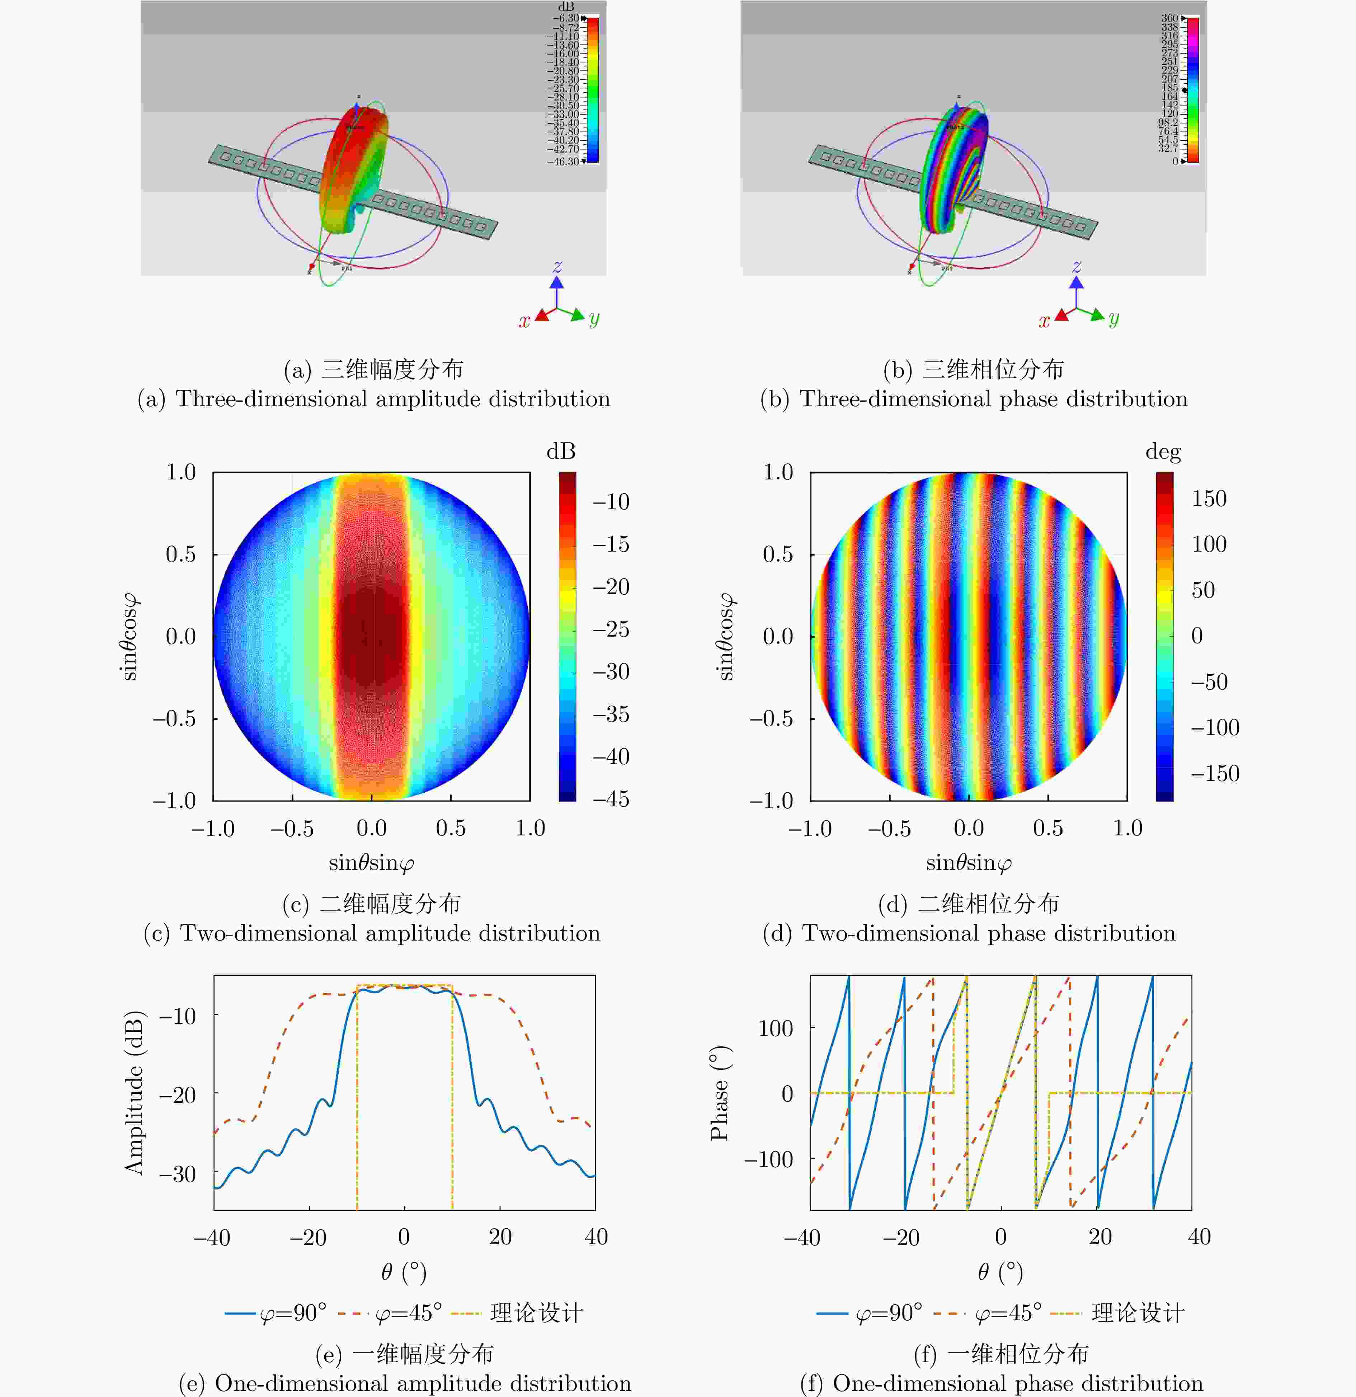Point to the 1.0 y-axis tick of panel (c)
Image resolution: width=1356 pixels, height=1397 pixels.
coord(181,472)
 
